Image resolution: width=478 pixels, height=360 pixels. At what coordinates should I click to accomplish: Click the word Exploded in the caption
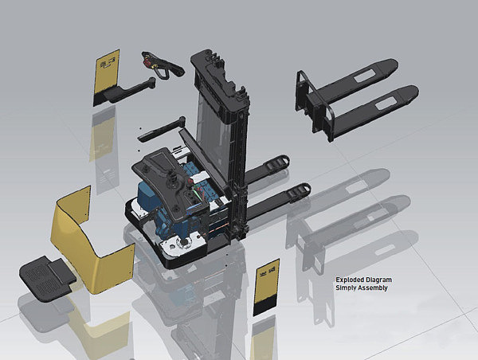point(350,280)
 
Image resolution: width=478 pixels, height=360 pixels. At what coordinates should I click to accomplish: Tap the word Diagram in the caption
point(379,280)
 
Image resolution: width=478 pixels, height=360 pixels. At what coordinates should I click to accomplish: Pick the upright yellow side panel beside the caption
point(266,287)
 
